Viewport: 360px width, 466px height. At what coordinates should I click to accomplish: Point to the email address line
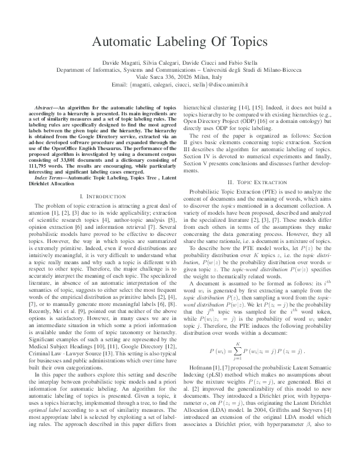179,85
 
